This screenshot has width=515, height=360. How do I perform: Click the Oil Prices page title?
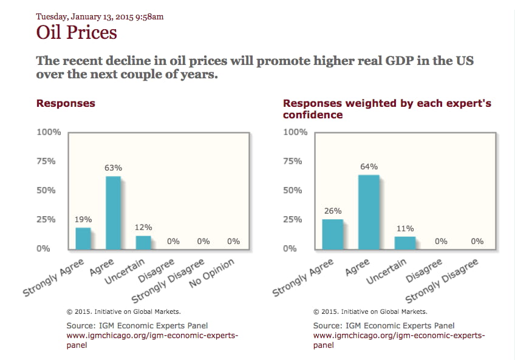[x=77, y=32]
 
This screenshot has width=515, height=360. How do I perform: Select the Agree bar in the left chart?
[x=114, y=212]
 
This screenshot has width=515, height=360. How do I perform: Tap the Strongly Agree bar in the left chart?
[x=83, y=238]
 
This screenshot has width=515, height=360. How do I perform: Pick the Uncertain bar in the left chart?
[x=143, y=242]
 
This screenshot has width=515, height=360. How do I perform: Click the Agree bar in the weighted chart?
[x=369, y=212]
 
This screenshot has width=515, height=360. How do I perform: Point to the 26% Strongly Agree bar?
[x=333, y=234]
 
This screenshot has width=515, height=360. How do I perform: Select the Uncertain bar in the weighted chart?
[x=405, y=243]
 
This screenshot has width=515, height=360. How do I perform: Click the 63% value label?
[x=114, y=168]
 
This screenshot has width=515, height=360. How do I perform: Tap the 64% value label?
[x=369, y=166]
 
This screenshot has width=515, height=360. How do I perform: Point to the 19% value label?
[x=83, y=219]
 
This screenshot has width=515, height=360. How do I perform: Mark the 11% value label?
[x=405, y=228]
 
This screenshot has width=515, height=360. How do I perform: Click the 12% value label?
[x=143, y=227]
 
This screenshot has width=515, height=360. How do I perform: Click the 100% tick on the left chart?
[x=49, y=132]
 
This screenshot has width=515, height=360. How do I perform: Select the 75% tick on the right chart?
[x=295, y=161]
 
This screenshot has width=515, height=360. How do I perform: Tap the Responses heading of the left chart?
[x=66, y=103]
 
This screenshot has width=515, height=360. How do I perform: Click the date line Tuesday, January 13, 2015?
[x=100, y=16]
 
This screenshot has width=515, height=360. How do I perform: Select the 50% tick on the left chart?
[x=49, y=190]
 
